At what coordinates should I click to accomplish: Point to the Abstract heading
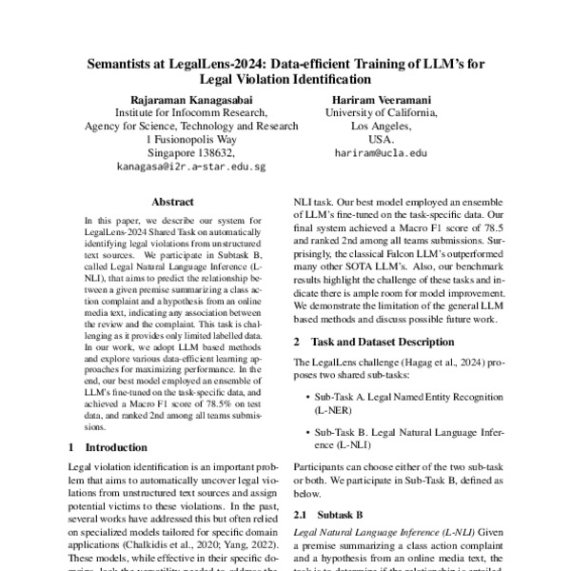tap(172, 203)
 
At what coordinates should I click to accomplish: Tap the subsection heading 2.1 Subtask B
tap(332, 513)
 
